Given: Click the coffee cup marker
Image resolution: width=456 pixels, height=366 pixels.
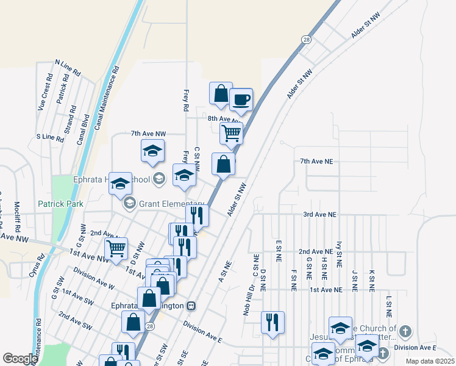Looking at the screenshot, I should point(241,99).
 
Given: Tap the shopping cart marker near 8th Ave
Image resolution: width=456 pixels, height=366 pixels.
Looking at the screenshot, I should point(231,132).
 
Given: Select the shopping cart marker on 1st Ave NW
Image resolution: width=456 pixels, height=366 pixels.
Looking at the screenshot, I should point(116,248).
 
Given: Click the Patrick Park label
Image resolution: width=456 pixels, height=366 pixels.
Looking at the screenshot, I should point(60,204).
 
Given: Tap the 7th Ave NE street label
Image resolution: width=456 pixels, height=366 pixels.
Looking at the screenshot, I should point(316,162).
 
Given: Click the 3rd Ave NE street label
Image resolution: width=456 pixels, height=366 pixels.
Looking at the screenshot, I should point(320,215).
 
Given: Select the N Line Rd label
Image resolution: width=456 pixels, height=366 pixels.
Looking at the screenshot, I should point(68,67).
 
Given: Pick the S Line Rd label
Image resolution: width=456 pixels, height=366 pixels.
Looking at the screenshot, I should point(50,138).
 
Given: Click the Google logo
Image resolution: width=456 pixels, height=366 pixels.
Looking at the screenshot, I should point(20,359).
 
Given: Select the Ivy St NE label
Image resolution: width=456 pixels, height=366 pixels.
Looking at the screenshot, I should point(339,251).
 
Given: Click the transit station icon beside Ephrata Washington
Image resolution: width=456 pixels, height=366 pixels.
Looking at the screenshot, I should point(191,306).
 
